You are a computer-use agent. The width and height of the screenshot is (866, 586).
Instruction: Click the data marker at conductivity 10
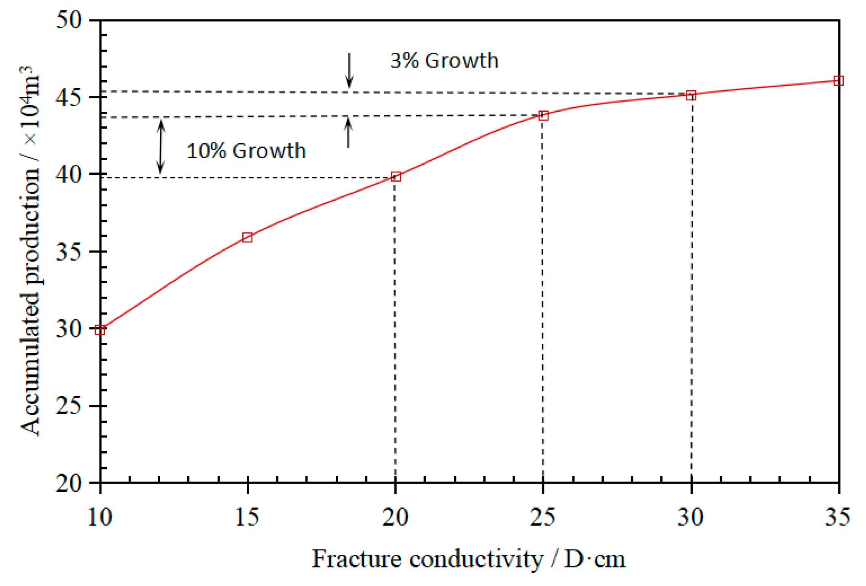100,330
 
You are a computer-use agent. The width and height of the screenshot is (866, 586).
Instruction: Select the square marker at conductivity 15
248,237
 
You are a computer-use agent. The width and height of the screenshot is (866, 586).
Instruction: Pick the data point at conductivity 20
396,176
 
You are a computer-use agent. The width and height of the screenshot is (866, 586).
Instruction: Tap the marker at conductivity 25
544,116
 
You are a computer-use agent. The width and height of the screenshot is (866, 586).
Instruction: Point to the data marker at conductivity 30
691,96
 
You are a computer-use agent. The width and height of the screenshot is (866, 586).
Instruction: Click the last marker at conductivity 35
839,81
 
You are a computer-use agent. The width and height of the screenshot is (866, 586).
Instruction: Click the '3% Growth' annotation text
444,61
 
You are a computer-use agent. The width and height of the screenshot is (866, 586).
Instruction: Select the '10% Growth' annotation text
246,151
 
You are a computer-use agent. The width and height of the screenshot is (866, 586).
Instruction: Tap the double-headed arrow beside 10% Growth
161,147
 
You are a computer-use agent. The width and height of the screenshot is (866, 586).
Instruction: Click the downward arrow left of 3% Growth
349,70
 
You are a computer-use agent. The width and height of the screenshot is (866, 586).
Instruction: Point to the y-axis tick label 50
69,19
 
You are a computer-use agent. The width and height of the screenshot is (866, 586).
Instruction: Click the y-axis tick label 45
69,97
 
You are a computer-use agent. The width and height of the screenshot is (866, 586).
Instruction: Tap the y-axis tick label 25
69,406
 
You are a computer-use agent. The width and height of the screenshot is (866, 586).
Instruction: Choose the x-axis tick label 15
247,517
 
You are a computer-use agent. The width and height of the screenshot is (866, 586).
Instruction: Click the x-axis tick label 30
691,517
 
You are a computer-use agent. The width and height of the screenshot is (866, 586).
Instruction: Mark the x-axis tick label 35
838,517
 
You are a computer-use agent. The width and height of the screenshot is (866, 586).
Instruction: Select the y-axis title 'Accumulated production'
30,251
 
